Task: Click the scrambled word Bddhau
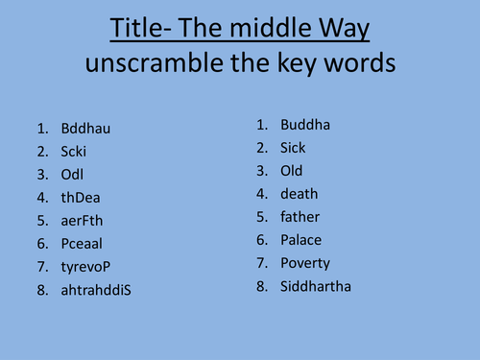84,128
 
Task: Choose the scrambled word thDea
80,197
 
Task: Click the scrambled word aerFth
82,220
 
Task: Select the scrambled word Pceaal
83,243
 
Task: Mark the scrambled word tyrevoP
86,266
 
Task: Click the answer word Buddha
304,125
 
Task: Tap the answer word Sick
293,148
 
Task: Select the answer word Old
292,171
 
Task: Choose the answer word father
300,217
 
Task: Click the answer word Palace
301,240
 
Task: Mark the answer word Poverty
305,263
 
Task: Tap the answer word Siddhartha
317,286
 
